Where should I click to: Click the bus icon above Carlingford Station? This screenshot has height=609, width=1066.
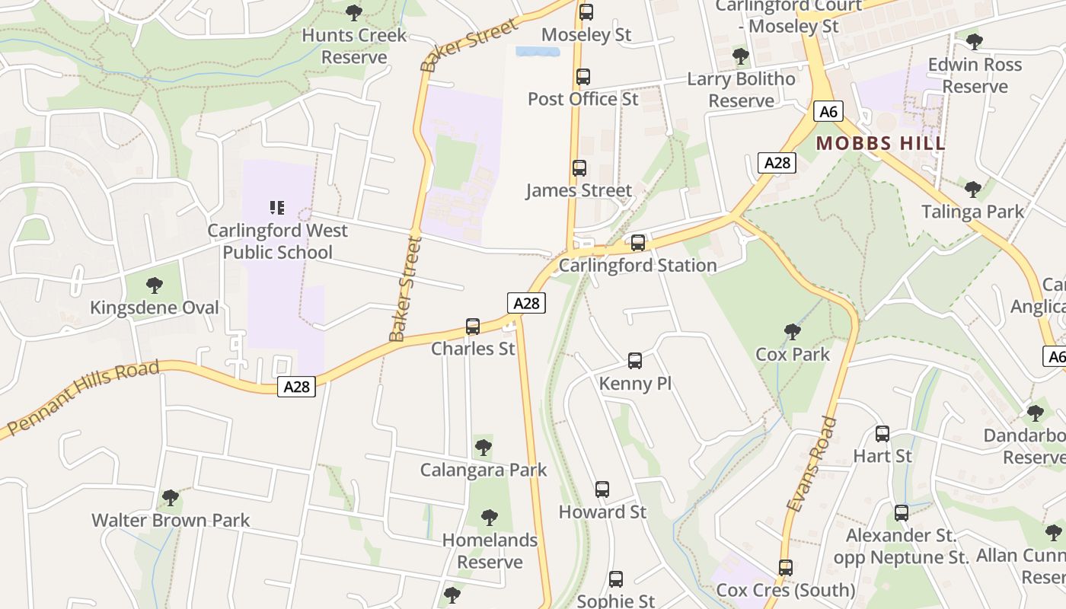(638, 243)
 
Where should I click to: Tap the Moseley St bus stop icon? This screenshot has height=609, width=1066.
(586, 12)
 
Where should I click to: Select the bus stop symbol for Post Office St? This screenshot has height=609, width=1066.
(582, 77)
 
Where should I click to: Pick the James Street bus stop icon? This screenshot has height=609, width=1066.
(579, 168)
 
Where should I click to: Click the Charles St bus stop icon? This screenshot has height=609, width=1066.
(473, 327)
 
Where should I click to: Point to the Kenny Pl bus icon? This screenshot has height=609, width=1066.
(635, 361)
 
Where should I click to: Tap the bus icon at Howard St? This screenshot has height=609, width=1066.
(602, 489)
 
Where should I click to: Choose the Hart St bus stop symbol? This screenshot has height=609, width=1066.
(882, 434)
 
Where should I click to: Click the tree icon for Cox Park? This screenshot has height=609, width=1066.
(793, 332)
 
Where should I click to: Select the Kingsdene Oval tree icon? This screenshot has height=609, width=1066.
(155, 285)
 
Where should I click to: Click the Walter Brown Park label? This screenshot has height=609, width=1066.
(171, 521)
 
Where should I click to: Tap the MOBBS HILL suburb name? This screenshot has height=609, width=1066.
(881, 143)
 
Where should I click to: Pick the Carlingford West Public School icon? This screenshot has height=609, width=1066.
(277, 207)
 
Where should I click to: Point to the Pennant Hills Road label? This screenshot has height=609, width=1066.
(84, 398)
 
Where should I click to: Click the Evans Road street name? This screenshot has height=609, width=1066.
(811, 464)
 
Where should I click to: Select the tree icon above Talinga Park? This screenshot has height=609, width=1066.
(972, 189)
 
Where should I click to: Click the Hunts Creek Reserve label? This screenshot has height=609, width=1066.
(354, 46)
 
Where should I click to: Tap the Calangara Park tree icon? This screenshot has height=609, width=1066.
(483, 447)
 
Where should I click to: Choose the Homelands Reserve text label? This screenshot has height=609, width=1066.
(490, 551)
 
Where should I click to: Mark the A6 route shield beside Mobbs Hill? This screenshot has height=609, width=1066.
(828, 112)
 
